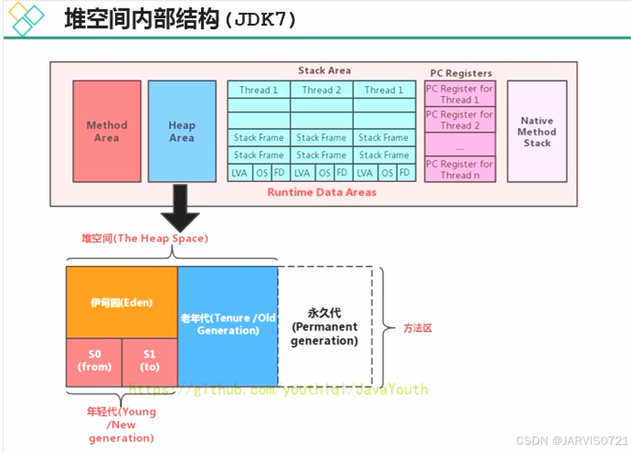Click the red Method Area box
(x=107, y=131)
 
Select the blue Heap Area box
(x=182, y=131)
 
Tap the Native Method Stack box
(x=537, y=131)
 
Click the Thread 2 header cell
(x=321, y=90)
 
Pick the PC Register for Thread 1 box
(x=459, y=94)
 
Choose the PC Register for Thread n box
(x=459, y=169)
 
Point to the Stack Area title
(x=324, y=70)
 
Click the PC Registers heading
(x=461, y=73)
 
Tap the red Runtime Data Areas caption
(x=322, y=192)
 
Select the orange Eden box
(x=122, y=302)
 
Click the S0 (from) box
(x=94, y=362)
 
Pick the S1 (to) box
(x=149, y=362)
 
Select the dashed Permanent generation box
(x=325, y=326)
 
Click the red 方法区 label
(x=417, y=328)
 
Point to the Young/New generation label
(x=122, y=424)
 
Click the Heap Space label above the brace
(x=144, y=238)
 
